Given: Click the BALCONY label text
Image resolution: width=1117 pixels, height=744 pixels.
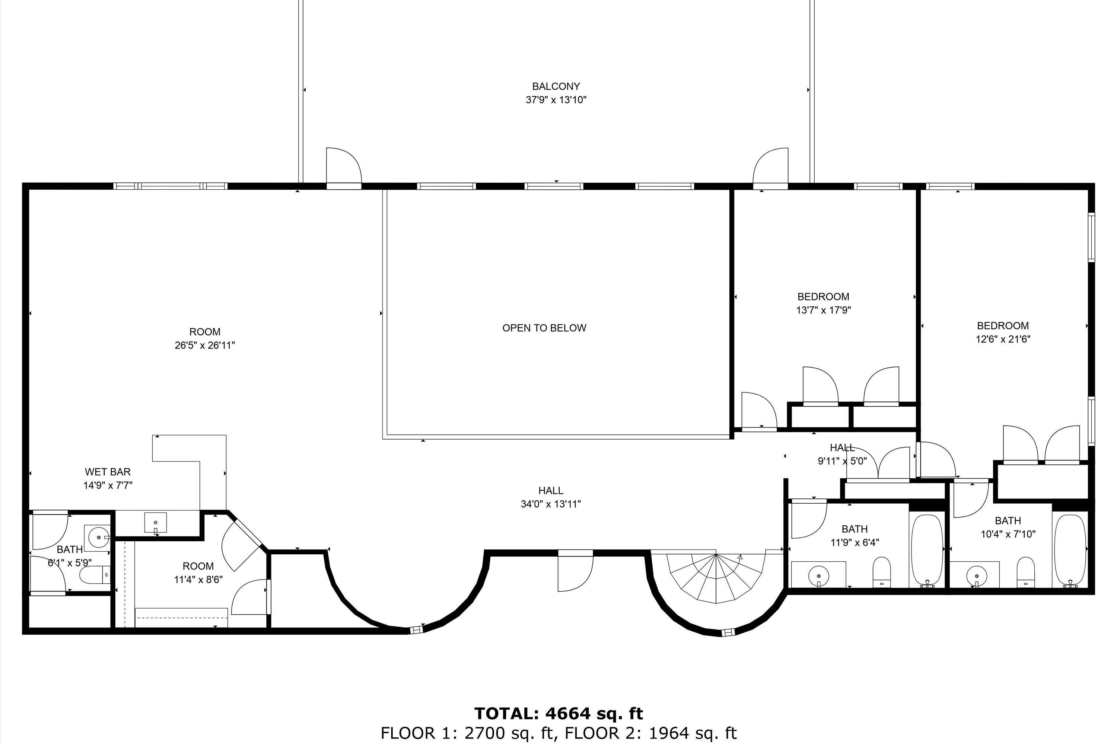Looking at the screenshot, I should [556, 86].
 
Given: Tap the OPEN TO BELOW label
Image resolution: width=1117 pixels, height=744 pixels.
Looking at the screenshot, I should [544, 328].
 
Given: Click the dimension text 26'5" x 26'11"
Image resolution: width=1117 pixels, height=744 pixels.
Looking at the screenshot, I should [205, 346].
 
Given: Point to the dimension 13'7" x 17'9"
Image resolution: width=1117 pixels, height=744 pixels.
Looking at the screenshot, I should [823, 310].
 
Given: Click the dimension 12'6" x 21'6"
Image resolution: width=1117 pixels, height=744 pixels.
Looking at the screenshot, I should [1003, 339].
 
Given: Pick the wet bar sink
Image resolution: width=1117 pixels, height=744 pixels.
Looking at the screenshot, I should [155, 522].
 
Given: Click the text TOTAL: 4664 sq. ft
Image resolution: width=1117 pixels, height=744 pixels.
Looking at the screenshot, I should [558, 713].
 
